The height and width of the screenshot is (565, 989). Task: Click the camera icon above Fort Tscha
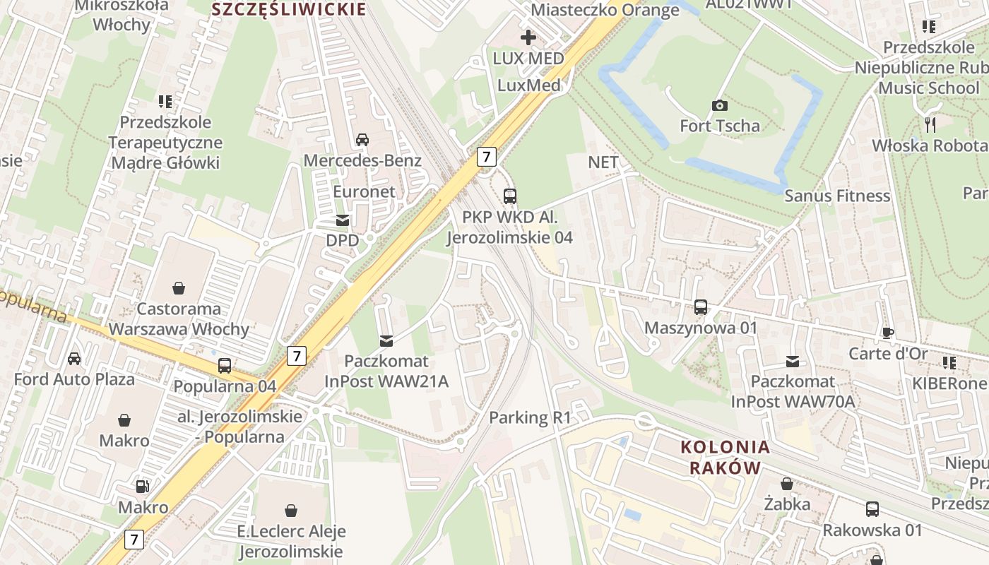(719, 105)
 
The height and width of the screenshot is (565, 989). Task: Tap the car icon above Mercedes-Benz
(362, 139)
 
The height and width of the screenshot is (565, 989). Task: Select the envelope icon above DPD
(343, 220)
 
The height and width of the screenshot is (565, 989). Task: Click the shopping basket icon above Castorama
(179, 288)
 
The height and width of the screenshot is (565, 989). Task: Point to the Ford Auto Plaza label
(74, 379)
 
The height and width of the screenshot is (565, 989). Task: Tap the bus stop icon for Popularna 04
(225, 365)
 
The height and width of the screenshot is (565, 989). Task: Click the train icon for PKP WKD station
(509, 196)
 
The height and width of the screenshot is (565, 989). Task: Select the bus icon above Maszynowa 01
(700, 307)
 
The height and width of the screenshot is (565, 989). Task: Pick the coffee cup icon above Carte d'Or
(888, 333)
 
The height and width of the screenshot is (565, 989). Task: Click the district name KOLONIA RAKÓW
(725, 457)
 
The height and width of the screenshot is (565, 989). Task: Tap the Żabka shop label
(787, 504)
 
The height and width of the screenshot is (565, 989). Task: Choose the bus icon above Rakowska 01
(872, 509)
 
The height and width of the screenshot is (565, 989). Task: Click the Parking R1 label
(530, 417)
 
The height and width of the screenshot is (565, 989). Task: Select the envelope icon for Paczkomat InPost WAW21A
(386, 341)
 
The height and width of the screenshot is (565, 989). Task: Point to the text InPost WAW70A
(793, 402)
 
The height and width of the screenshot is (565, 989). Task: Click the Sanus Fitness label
(837, 196)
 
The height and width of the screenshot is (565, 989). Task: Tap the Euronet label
(364, 191)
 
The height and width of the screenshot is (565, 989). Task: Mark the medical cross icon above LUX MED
(528, 37)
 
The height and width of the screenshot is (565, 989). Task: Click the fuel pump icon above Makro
(143, 487)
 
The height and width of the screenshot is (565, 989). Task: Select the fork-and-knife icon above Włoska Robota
(930, 125)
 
